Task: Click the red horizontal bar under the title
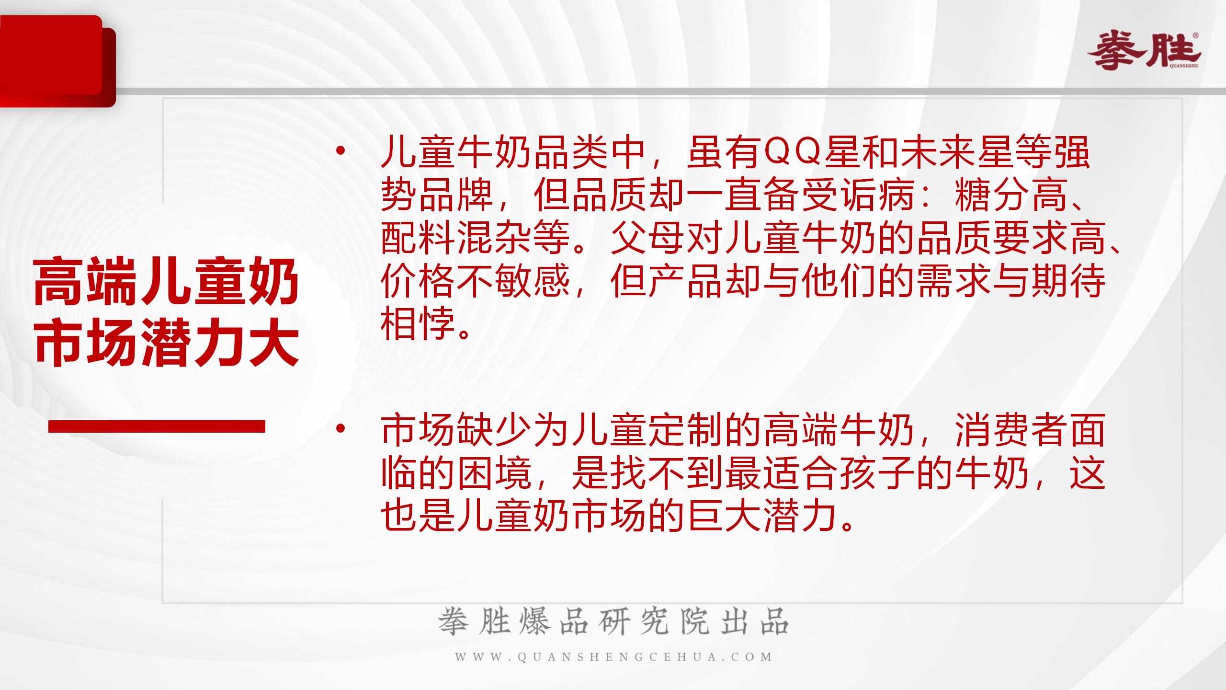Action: (157, 426)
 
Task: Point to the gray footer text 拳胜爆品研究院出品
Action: (613, 621)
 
